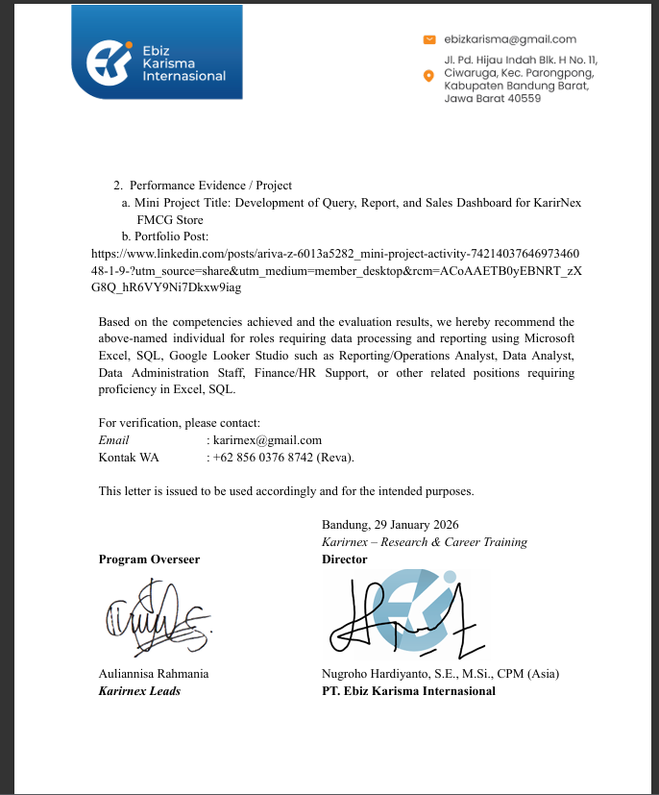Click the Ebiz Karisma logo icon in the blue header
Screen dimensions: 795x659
click(x=107, y=62)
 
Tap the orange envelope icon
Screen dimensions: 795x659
click(x=429, y=39)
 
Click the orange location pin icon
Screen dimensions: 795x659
click(x=428, y=75)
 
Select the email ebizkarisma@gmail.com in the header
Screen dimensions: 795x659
click(x=510, y=39)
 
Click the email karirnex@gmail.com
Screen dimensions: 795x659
click(x=260, y=440)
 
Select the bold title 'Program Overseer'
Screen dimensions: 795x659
click(x=149, y=559)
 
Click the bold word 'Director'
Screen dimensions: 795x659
click(x=345, y=559)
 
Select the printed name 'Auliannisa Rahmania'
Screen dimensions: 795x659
click(x=154, y=674)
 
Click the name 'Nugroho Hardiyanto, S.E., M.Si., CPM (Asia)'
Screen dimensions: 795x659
click(x=440, y=674)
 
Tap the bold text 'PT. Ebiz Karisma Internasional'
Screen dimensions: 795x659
click(x=408, y=691)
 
